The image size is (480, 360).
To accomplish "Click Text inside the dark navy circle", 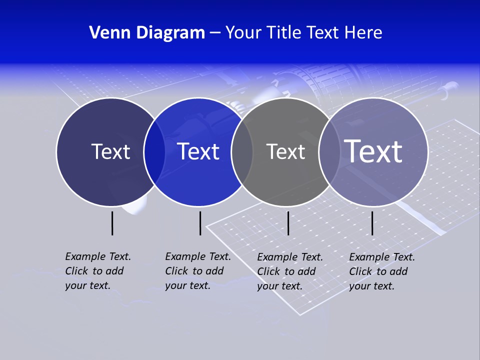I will coord(110,151).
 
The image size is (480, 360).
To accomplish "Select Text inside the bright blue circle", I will coord(198,151).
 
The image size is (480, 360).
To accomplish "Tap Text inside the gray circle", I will coord(285,151).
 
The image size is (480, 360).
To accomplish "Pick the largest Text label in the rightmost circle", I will coord(373,151).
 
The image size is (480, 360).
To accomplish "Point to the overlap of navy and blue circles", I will coord(154,152).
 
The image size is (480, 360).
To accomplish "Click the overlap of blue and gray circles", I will coord(242,152).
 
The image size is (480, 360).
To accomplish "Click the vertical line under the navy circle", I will coord(112,223).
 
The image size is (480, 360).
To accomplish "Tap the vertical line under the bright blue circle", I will coord(200,223).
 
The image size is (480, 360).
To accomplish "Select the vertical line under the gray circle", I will coord(288,223).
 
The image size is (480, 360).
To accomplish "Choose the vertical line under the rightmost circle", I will coord(372,223).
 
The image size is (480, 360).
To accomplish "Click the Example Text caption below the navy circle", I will coord(97,271).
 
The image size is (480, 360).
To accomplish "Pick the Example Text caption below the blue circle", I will coord(197,271).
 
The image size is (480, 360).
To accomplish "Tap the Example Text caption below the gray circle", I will coord(289,271).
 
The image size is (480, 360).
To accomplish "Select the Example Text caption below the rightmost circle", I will coord(381,271).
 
